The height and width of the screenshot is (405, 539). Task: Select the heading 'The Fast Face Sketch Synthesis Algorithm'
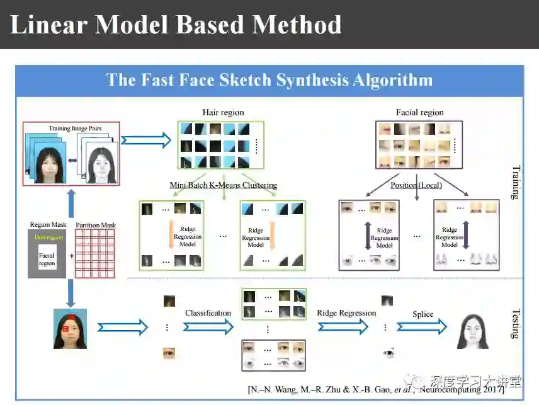[x=269, y=80]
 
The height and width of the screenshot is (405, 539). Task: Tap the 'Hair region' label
[x=223, y=112]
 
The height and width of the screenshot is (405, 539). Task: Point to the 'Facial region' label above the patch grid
[x=419, y=112]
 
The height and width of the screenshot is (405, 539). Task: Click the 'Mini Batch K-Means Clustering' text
[x=223, y=185]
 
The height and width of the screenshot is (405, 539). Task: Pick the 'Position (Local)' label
[x=416, y=185]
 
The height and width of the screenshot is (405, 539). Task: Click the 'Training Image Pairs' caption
[x=75, y=128]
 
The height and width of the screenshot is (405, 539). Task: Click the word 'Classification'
[x=208, y=313]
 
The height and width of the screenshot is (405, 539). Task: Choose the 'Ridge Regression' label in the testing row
[x=346, y=313]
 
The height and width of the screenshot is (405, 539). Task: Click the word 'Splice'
[x=423, y=314]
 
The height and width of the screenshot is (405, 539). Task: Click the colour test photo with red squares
[x=70, y=328]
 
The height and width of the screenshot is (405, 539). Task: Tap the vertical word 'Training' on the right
[x=516, y=182]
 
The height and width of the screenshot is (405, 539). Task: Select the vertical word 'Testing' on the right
[x=515, y=323]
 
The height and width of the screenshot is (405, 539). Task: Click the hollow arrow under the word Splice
[x=421, y=326]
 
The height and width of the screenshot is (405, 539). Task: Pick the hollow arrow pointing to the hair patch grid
[x=146, y=139]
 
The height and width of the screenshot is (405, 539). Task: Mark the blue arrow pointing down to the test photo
[x=71, y=293]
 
